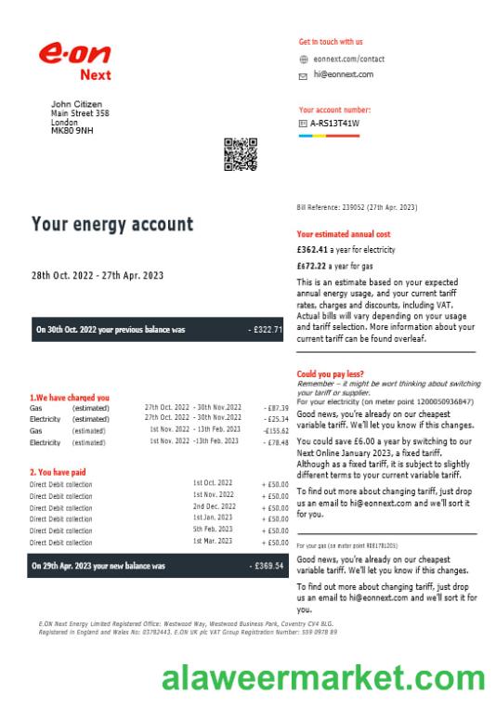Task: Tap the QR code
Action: tap(241, 154)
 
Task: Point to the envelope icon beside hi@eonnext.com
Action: tap(303, 74)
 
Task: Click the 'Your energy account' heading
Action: tap(112, 224)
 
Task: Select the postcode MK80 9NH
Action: tap(72, 130)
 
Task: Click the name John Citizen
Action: tap(76, 104)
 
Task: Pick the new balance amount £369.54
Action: tap(266, 566)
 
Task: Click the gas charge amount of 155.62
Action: tap(276, 431)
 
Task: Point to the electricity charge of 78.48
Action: tap(276, 443)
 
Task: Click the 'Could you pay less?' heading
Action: tap(332, 373)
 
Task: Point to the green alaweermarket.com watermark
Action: tap(322, 679)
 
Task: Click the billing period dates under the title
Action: tap(98, 275)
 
